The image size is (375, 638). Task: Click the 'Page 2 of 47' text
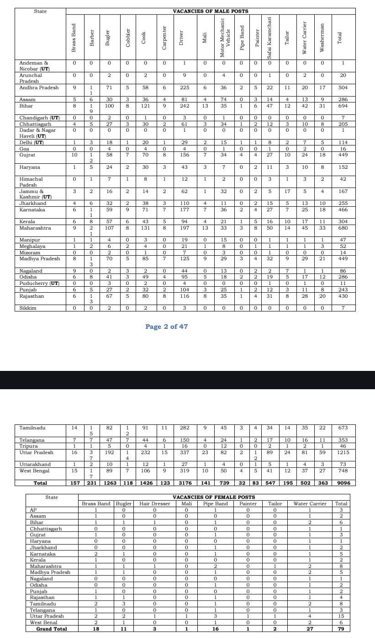[x=166, y=327]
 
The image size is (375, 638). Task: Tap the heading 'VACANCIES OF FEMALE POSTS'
[x=214, y=497]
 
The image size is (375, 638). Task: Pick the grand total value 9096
[x=343, y=483]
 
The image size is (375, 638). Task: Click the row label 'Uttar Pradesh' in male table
[x=36, y=452]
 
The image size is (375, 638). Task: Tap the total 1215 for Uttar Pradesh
[x=343, y=452]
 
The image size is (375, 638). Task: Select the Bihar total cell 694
[x=343, y=105]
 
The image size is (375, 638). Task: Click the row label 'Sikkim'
[x=27, y=308]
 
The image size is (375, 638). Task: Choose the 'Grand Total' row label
[x=51, y=629]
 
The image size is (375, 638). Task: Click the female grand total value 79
[x=341, y=629]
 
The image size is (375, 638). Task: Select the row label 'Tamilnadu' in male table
[x=34, y=428]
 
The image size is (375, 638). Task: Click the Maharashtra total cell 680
[x=343, y=228]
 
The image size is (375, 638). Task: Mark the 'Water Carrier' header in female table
[x=310, y=504]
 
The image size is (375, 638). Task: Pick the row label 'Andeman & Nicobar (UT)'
[x=34, y=66]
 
